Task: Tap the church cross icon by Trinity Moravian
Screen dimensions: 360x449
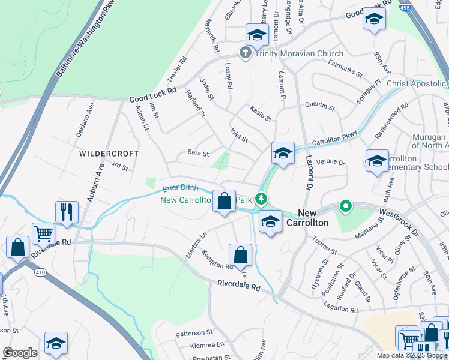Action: (x=245, y=53)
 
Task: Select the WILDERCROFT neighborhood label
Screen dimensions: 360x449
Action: (x=109, y=154)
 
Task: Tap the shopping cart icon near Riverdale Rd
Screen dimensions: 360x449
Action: (x=43, y=233)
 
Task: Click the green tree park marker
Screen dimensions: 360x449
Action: (x=260, y=198)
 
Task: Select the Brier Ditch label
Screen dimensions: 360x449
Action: (x=179, y=187)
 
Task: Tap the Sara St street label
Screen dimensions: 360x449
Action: (x=198, y=154)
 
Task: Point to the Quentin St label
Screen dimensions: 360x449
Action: (x=319, y=107)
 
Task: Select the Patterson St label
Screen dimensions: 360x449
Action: (x=194, y=332)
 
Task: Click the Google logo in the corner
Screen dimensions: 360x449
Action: (x=20, y=353)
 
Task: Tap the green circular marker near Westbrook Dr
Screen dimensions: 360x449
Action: (x=345, y=207)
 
